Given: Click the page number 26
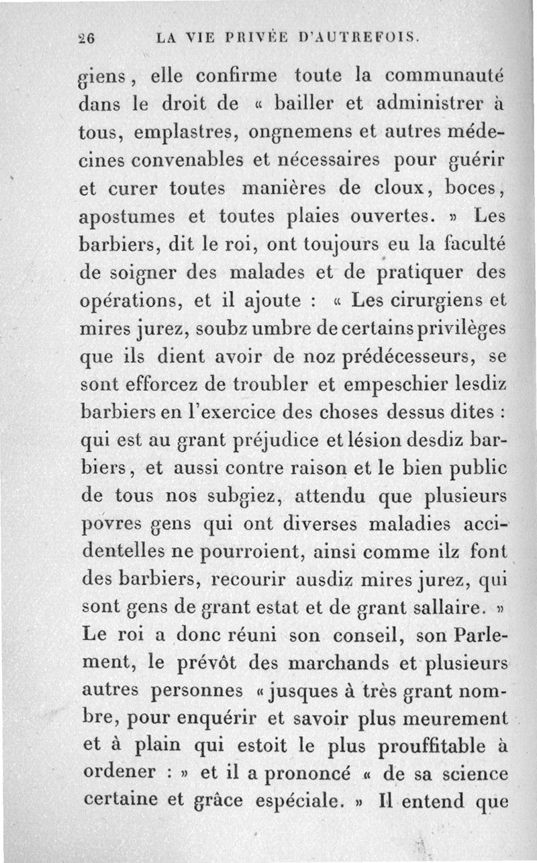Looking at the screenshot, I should pyautogui.click(x=87, y=39).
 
